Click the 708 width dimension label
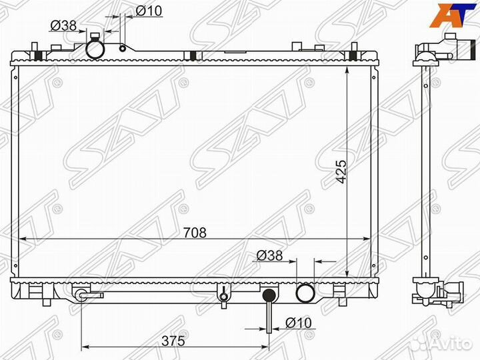pos(195,233)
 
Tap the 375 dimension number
pos(173,341)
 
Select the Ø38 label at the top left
pos(63,26)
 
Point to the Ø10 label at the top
pos(149,11)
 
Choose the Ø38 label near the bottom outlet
pos(269,255)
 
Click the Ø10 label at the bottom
pos(299,323)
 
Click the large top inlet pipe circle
pos(95,49)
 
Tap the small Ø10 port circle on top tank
pos(123,49)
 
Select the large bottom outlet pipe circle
pos(305,293)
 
